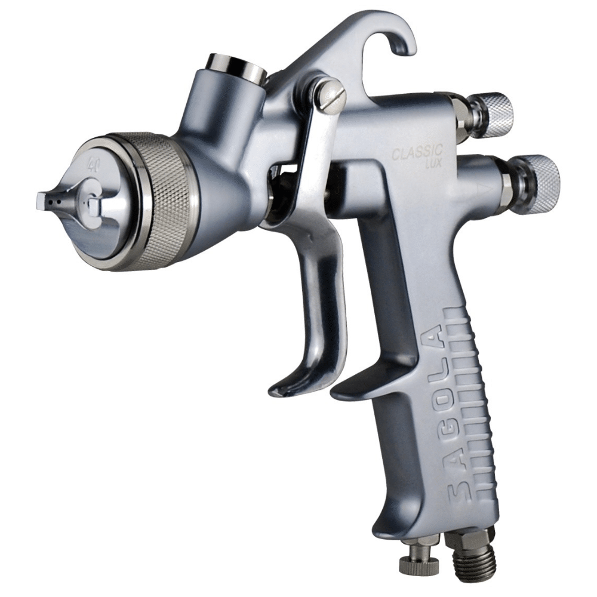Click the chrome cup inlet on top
[x=236, y=69]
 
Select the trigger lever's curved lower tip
[x=287, y=388]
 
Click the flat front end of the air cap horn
[x=41, y=201]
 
